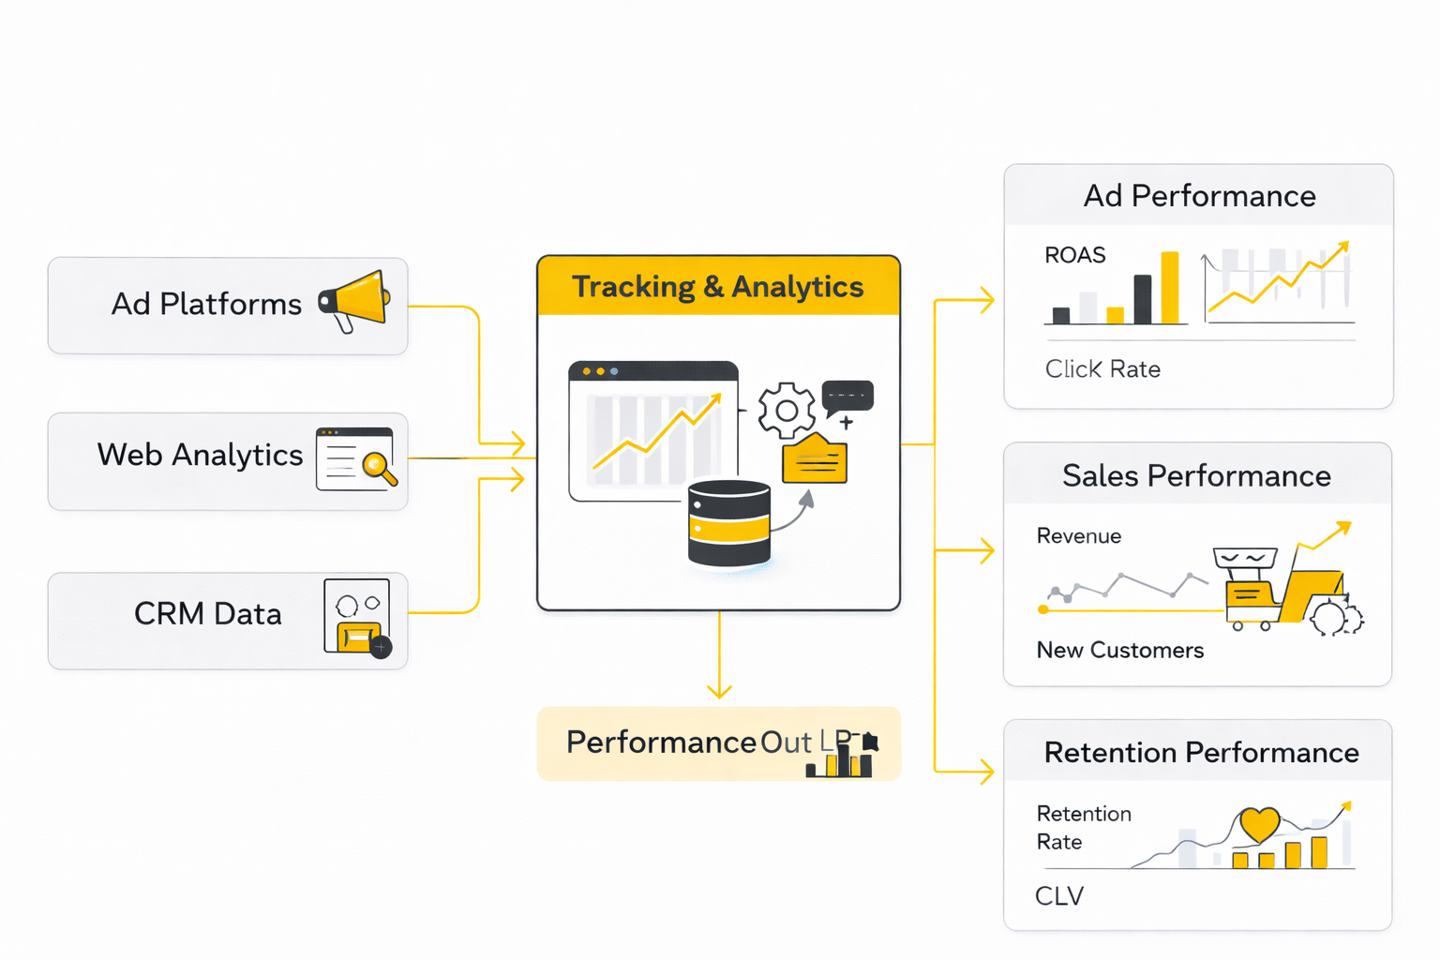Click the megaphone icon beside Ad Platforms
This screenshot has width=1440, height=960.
click(355, 300)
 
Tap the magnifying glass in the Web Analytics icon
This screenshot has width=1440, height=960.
click(377, 465)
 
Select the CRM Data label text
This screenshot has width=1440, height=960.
click(207, 614)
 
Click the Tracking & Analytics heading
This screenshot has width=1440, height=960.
click(717, 287)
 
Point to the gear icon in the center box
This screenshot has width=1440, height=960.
click(786, 411)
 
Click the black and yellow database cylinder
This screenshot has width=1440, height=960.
click(728, 524)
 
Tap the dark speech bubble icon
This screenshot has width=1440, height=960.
click(847, 396)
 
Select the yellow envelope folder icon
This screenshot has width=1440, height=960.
click(815, 459)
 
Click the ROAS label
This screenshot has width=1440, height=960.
click(1075, 255)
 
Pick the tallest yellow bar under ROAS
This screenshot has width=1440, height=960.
click(1169, 288)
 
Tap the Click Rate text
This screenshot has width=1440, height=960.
click(1102, 369)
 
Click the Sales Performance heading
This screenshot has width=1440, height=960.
click(1196, 476)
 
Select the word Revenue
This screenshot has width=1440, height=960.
click(1078, 536)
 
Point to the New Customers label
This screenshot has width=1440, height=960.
click(1119, 651)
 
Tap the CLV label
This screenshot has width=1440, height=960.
click(1059, 896)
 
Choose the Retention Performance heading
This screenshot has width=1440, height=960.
click(1201, 753)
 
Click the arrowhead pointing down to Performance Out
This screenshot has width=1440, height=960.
click(719, 692)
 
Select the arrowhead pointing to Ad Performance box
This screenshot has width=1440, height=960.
click(986, 300)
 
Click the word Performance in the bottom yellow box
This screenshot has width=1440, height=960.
click(661, 742)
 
